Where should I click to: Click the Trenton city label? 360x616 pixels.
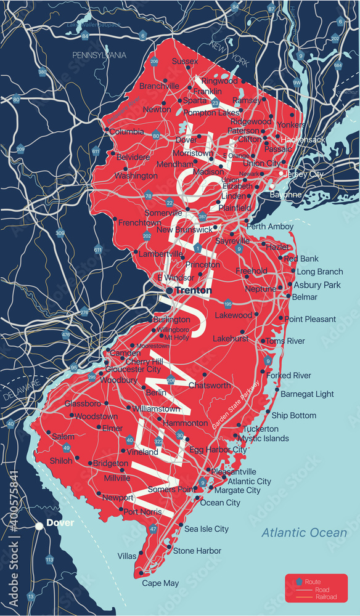[193, 290]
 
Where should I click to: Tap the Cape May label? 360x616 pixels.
[160, 583]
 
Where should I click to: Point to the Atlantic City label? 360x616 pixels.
[249, 481]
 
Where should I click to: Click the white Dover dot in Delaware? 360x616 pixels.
[39, 525]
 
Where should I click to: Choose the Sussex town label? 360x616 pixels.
[184, 61]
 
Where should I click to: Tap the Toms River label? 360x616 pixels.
[285, 341]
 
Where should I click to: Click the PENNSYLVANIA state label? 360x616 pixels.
[99, 55]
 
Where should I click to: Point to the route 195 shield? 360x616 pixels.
[228, 304]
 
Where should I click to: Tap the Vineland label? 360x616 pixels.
[142, 452]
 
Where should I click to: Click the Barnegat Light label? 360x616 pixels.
[308, 394]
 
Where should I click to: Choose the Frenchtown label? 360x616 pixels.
[139, 222]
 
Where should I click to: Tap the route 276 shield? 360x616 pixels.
[84, 312]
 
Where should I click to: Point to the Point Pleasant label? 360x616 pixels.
[310, 319]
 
